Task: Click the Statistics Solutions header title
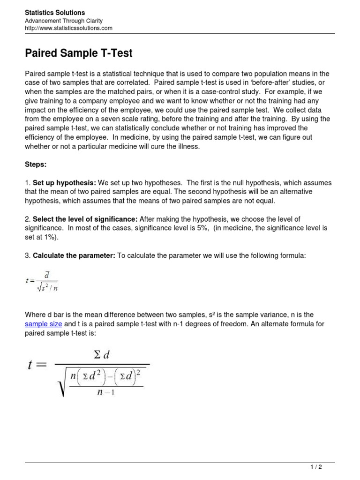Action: pyautogui.click(x=55, y=13)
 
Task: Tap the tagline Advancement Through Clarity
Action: pyautogui.click(x=63, y=21)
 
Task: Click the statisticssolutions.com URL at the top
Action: pyautogui.click(x=68, y=28)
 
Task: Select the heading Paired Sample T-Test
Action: pyautogui.click(x=79, y=53)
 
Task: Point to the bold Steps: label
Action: pyautogui.click(x=36, y=165)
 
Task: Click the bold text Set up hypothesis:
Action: pyautogui.click(x=64, y=183)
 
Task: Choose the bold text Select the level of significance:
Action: pyautogui.click(x=85, y=219)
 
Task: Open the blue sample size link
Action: pyautogui.click(x=43, y=324)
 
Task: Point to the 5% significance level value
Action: pyautogui.click(x=201, y=228)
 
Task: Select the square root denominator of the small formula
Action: pyautogui.click(x=47, y=287)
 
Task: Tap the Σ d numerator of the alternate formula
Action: pyautogui.click(x=102, y=355)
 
